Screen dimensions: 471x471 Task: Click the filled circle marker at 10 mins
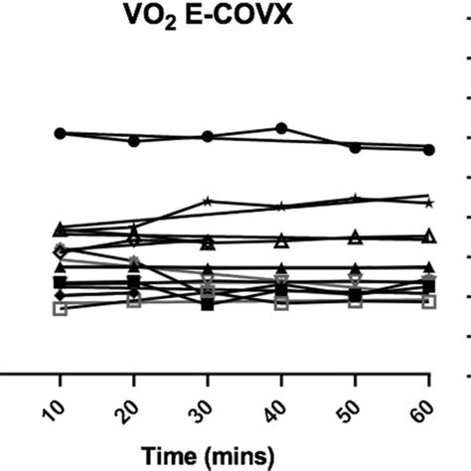click(60, 132)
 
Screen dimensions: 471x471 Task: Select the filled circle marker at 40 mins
click(281, 128)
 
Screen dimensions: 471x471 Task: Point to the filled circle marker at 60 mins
click(429, 149)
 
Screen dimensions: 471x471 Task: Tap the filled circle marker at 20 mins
click(134, 141)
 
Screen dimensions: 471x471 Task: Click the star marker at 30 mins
click(208, 201)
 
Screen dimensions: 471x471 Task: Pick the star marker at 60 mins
click(429, 202)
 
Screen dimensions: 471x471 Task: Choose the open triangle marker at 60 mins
click(429, 235)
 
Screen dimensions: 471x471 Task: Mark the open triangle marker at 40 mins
click(281, 240)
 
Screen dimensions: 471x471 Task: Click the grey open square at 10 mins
click(60, 309)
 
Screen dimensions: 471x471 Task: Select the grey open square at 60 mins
click(429, 301)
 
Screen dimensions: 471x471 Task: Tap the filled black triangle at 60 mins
click(429, 267)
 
